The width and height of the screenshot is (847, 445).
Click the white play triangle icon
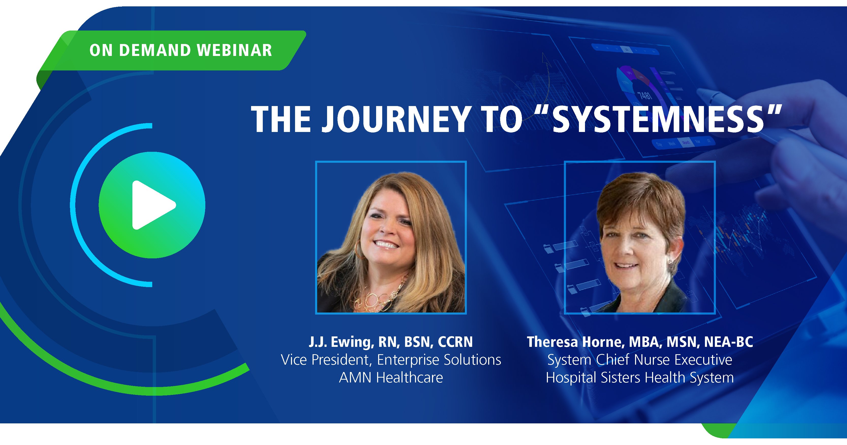[152, 205]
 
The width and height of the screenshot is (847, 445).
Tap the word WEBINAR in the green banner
[235, 50]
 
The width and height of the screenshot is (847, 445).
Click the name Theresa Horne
[575, 342]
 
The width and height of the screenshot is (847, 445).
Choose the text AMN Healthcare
[391, 377]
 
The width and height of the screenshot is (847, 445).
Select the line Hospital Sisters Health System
[640, 377]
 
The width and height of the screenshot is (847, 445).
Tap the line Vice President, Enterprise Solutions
[391, 360]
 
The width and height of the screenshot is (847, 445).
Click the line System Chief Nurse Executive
[640, 360]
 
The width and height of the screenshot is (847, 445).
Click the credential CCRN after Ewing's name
[455, 342]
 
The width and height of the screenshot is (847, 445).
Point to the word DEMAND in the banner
[155, 50]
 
